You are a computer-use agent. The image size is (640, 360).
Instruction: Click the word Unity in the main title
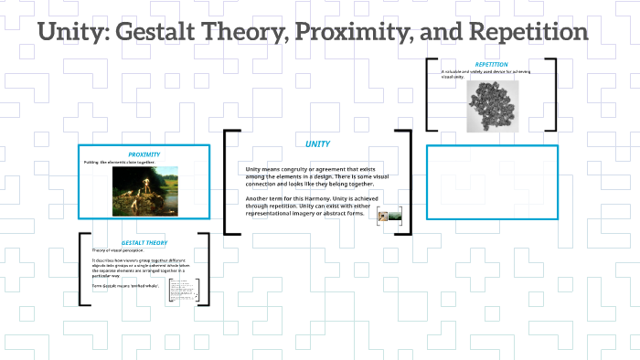75,33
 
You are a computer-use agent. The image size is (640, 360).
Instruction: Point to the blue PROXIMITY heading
144,154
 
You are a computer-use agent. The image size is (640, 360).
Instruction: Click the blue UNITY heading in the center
317,143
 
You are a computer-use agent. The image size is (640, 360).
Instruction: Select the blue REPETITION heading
492,64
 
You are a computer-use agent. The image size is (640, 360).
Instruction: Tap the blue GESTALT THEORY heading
144,242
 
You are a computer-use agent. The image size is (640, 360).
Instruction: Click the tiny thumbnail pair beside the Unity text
389,217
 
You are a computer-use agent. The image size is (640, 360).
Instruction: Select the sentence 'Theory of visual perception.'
119,250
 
